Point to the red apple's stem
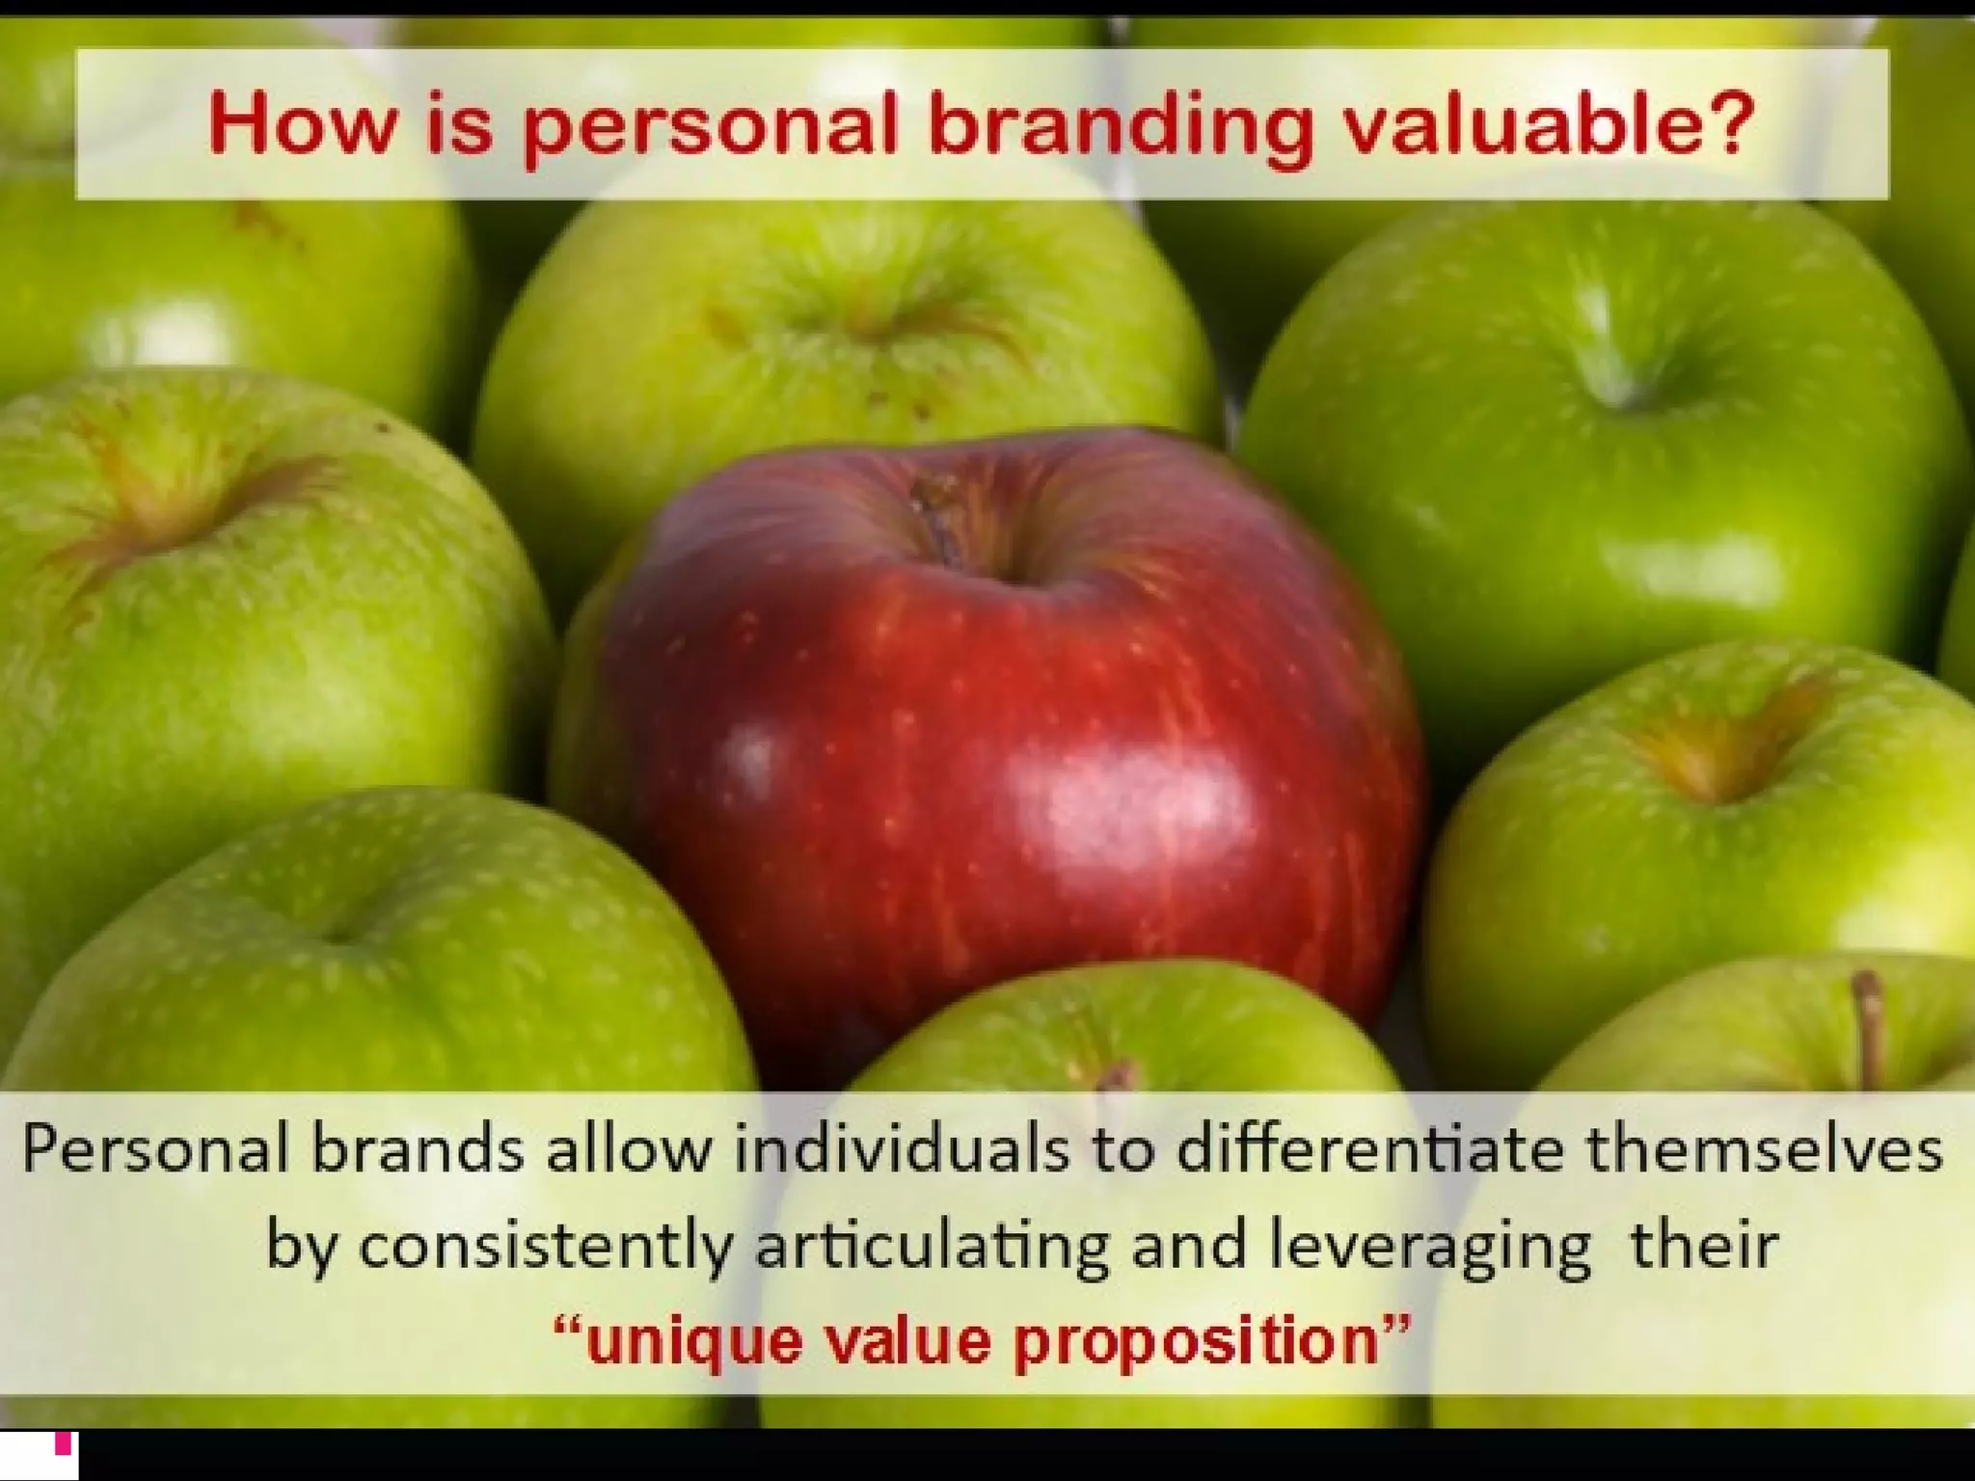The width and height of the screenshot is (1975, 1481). tap(934, 521)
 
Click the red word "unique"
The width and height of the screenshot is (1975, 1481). tap(693, 1341)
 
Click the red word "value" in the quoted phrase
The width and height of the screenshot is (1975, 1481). tap(906, 1339)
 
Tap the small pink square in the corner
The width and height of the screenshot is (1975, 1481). tap(64, 1444)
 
